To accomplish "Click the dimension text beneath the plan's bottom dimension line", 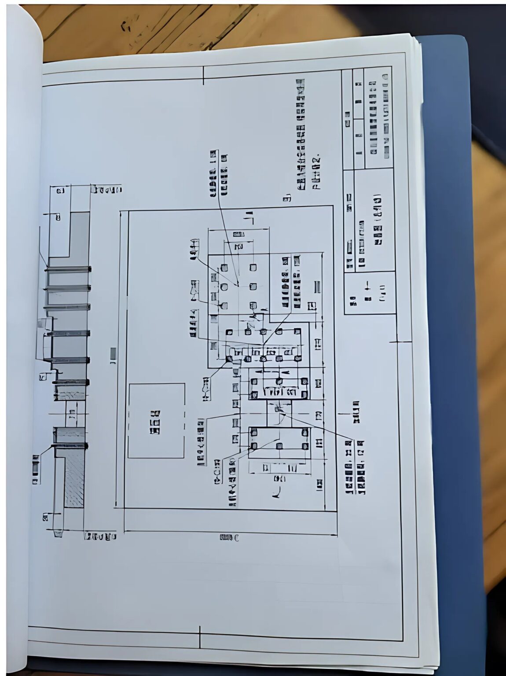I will (x=229, y=537).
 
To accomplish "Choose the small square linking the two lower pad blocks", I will (x=278, y=412).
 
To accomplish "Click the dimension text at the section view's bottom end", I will (x=100, y=536).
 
